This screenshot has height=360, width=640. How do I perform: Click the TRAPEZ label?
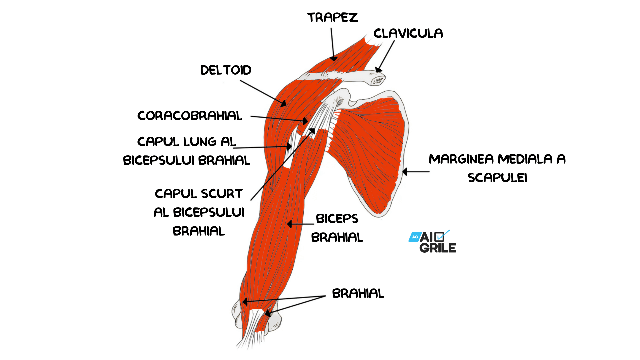tap(332, 18)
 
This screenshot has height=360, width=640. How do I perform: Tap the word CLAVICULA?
tap(408, 33)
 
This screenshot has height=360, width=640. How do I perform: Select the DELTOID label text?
tap(226, 70)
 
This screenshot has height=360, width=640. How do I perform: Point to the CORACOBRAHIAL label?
tap(190, 116)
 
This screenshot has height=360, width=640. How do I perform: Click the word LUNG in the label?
tap(200, 142)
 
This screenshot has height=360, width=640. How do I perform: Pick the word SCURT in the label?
tap(222, 194)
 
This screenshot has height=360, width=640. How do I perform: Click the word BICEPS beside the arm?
tap(337, 219)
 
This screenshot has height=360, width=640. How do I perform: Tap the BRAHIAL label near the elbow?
tap(358, 293)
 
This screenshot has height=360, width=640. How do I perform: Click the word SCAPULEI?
tap(497, 178)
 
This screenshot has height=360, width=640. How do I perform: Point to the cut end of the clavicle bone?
tap(378, 80)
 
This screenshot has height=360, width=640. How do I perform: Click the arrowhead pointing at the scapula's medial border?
tap(405, 172)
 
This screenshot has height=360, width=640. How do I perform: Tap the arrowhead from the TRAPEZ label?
tap(333, 59)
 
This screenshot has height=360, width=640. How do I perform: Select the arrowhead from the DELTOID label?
tap(283, 104)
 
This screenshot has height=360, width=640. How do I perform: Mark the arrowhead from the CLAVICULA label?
tap(378, 70)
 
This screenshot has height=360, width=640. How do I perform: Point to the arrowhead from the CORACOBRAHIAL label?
tap(305, 121)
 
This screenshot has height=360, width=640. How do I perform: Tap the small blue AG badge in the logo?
tap(415, 237)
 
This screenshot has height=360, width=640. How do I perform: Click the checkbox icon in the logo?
tap(439, 237)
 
